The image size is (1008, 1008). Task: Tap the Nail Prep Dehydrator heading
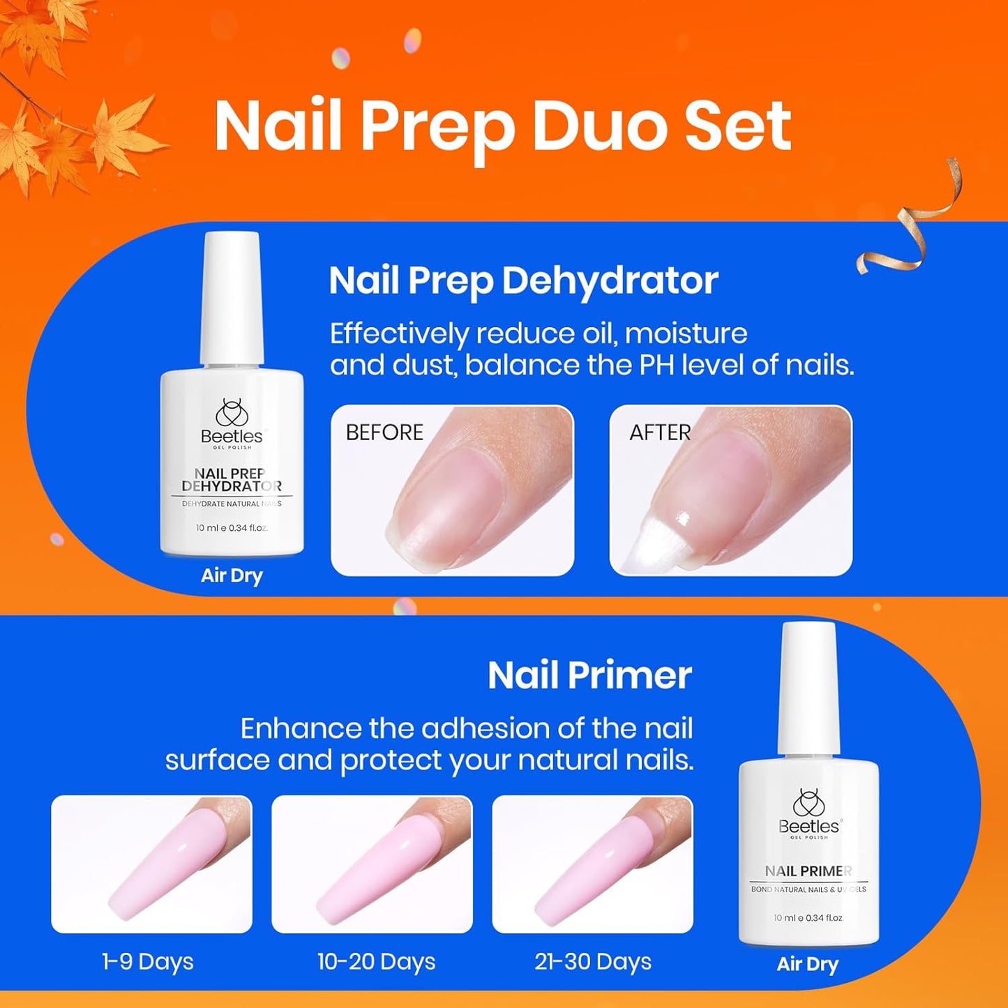coord(523,280)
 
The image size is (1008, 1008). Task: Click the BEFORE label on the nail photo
coord(384,432)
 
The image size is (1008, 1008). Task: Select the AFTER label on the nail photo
coord(659,432)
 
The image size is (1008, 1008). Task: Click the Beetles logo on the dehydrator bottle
coord(232,421)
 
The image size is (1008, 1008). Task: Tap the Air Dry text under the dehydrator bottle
coord(232,576)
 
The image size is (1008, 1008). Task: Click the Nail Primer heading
coord(589,675)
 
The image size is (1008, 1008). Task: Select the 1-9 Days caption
coord(148,962)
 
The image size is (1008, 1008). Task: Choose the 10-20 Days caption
coord(376,962)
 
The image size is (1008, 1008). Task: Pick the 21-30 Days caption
coord(593,962)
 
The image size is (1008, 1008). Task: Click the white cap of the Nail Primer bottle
coord(808,687)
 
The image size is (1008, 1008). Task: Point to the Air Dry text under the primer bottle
coord(807,964)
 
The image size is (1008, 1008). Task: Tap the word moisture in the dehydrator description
coord(686,333)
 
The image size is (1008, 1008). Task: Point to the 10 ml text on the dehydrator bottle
coord(207,528)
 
